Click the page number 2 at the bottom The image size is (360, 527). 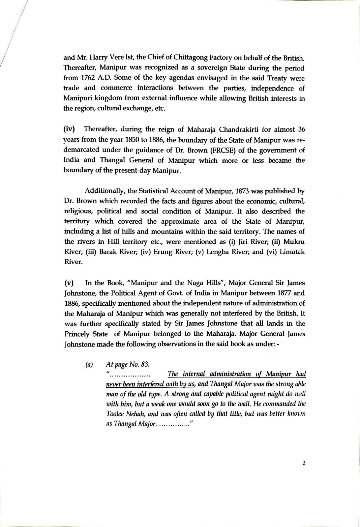point(304,463)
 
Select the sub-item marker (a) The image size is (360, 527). point(89,365)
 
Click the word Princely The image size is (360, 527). point(77,334)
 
